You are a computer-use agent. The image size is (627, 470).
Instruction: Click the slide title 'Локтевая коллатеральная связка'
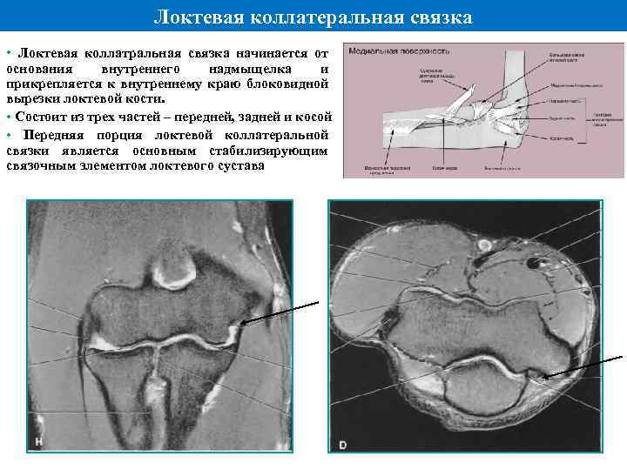(313, 17)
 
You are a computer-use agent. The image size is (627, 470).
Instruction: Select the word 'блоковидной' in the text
(287, 84)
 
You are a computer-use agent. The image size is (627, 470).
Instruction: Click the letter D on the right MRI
(342, 445)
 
